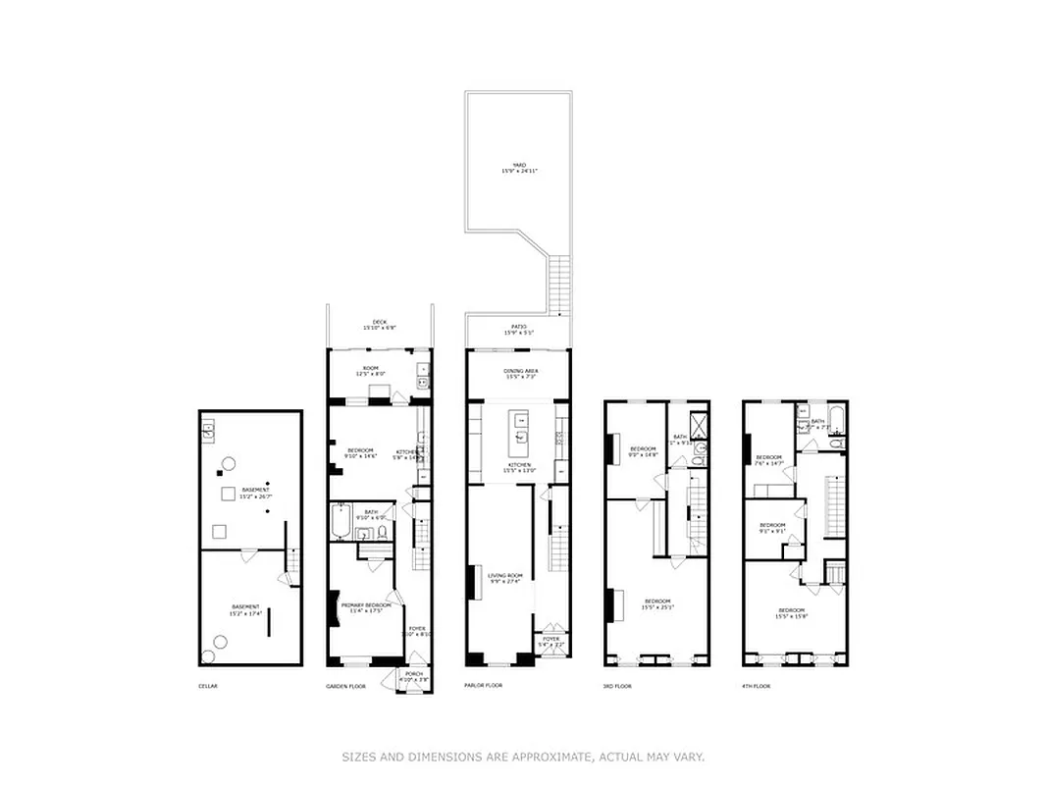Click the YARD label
click(x=519, y=168)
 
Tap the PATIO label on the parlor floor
click(x=519, y=329)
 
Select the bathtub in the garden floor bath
click(x=340, y=522)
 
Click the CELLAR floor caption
click(x=207, y=686)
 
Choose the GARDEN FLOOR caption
click(x=345, y=686)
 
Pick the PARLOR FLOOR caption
click(x=483, y=685)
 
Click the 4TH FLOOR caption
click(x=757, y=686)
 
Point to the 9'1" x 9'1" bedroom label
click(x=772, y=528)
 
